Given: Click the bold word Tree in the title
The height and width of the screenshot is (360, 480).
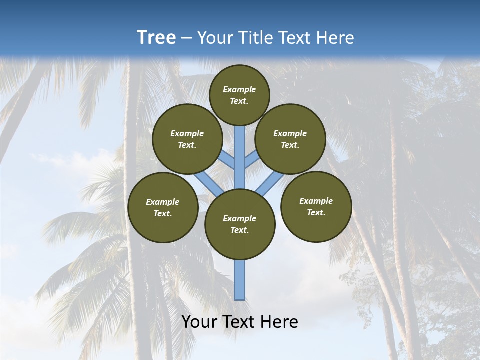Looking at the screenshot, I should coord(156,37).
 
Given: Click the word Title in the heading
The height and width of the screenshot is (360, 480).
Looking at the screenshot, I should coord(255,38).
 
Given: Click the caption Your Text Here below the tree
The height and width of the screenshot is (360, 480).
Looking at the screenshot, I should coord(239,322).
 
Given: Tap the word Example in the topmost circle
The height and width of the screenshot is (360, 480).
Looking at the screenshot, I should coord(239,89).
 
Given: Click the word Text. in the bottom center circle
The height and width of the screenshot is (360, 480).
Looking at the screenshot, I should coord(239,230).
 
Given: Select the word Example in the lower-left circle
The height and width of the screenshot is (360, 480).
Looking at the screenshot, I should coord(162,202).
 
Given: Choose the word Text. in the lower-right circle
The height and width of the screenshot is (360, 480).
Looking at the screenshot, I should coord(316,212).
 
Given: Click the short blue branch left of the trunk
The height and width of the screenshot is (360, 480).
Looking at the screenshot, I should coord(227,159).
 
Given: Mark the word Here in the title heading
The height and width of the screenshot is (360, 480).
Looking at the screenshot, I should coord(338,38).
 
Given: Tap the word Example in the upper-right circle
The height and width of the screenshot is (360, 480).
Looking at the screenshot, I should coord(290,133).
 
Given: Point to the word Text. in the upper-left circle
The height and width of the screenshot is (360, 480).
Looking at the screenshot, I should coord(187,145).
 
